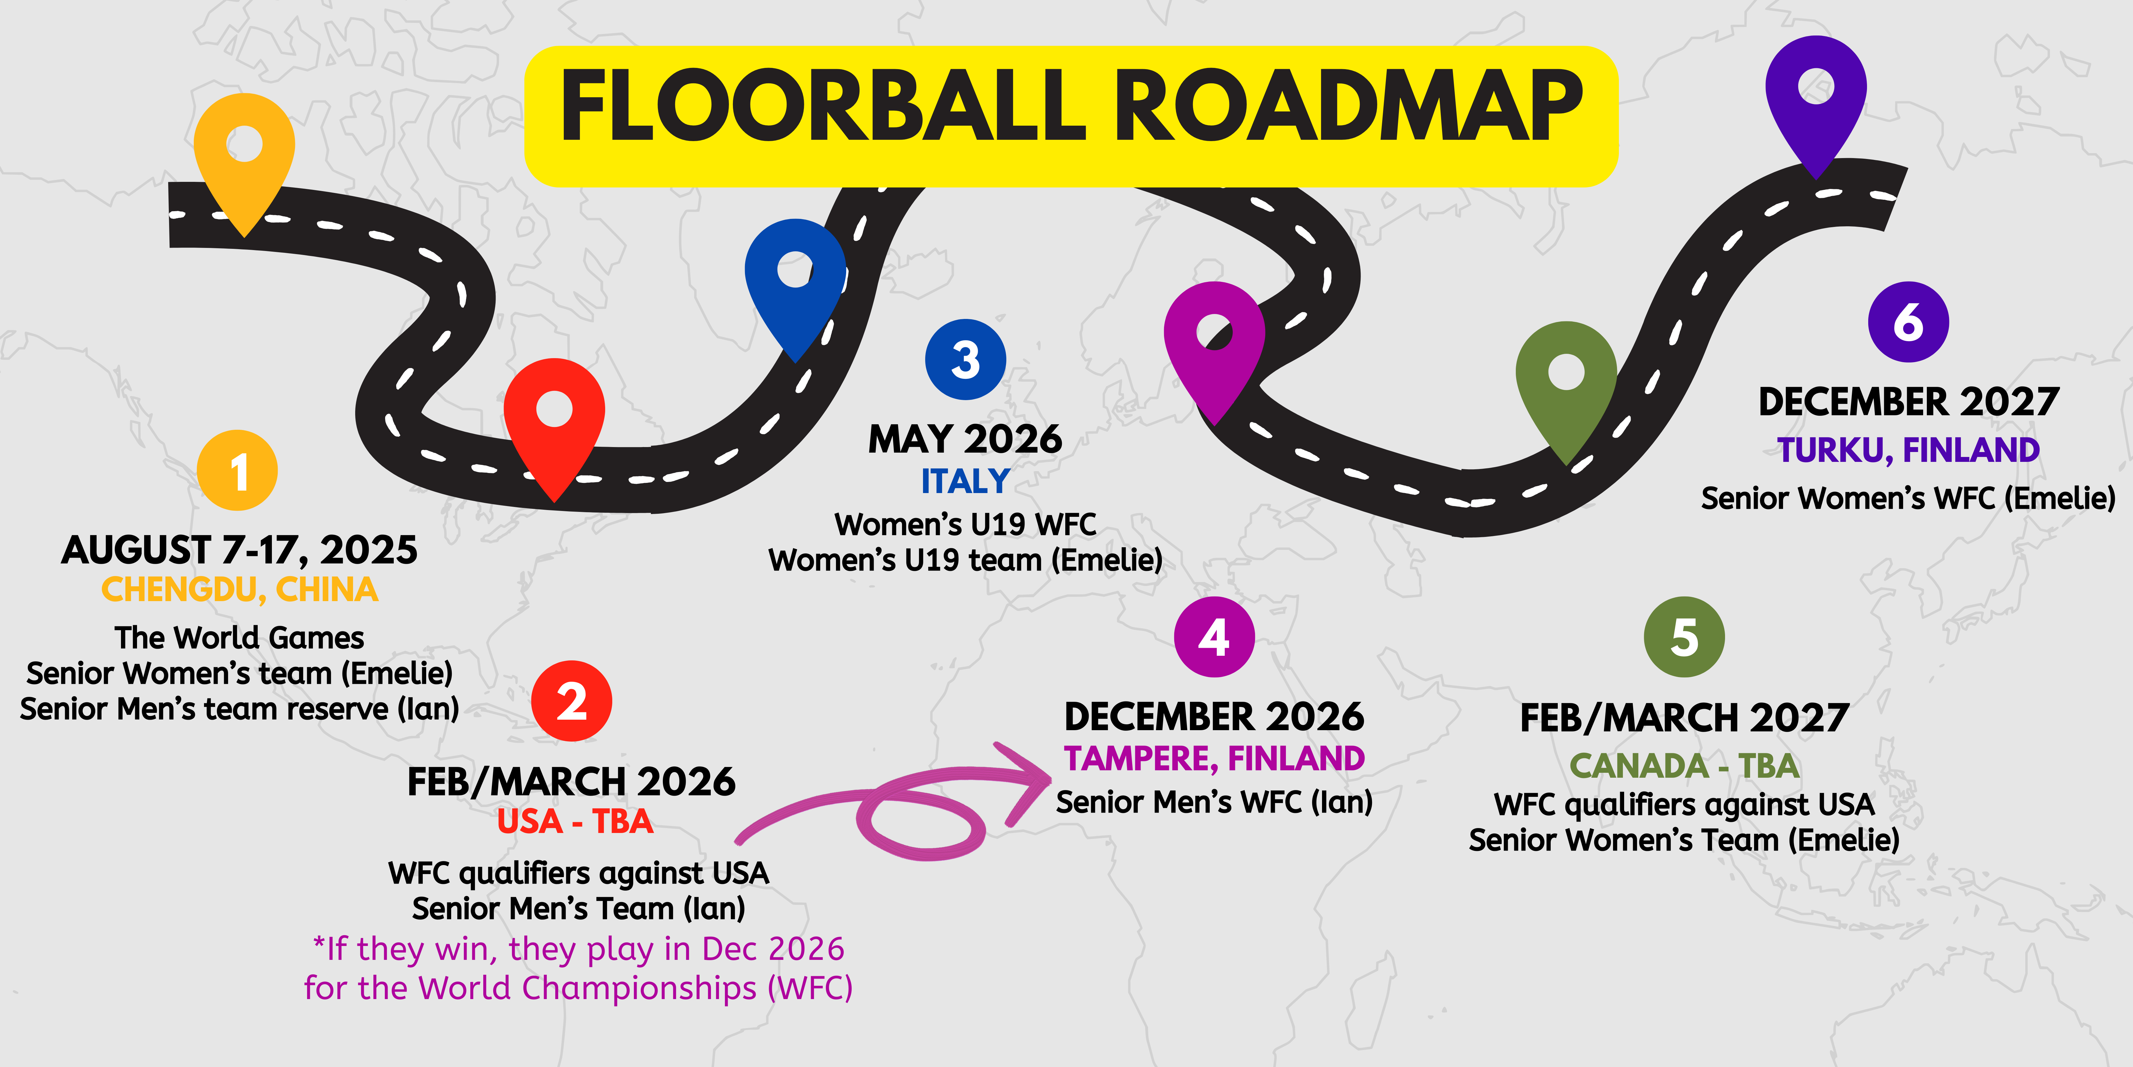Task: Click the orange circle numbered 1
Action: pos(238,471)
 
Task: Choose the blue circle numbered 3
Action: pos(966,360)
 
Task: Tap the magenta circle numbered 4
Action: pos(1215,637)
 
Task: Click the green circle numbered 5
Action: pos(1684,637)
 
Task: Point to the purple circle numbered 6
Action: pos(1909,321)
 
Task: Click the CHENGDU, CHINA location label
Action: pos(239,590)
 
